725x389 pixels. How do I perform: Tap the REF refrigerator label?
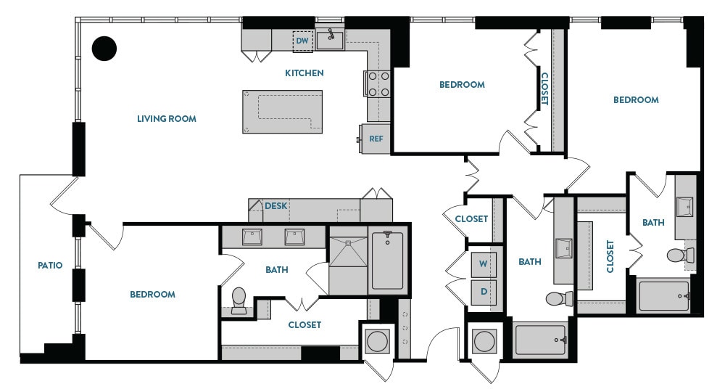(x=376, y=138)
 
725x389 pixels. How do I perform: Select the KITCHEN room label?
(x=304, y=73)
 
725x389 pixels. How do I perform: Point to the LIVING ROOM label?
(x=167, y=118)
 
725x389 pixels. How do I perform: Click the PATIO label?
(x=50, y=266)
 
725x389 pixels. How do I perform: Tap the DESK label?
(x=275, y=206)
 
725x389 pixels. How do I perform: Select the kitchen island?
(x=282, y=112)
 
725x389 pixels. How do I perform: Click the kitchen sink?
(x=330, y=39)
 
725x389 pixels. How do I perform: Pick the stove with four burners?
(x=378, y=83)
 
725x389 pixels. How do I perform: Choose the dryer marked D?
(x=483, y=292)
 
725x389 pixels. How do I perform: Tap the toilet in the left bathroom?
(x=239, y=300)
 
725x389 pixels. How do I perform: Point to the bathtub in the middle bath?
(x=541, y=340)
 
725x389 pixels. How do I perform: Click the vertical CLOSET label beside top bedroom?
(x=544, y=89)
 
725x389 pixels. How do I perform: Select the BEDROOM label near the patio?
(x=152, y=295)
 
